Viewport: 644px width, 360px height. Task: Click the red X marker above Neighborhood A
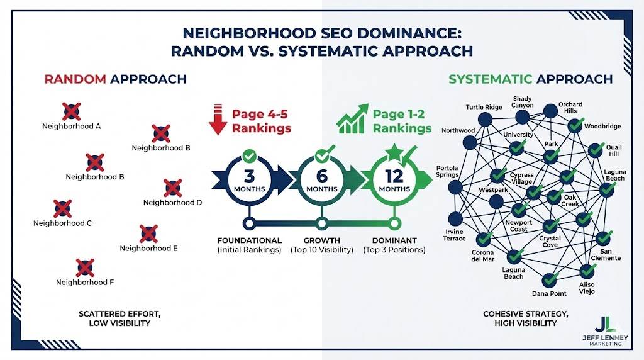pyautogui.click(x=71, y=112)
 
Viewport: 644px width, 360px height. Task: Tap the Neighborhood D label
pyautogui.click(x=172, y=203)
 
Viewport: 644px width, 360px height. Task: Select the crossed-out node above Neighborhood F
pyautogui.click(x=85, y=267)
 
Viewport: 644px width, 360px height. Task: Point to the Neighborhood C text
pyautogui.click(x=62, y=223)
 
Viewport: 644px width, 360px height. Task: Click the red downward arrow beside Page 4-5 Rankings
pyautogui.click(x=218, y=121)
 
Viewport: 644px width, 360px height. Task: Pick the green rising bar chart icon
pyautogui.click(x=352, y=120)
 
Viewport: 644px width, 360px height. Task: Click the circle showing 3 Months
pyautogui.click(x=248, y=179)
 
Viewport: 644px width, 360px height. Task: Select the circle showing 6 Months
pyautogui.click(x=322, y=179)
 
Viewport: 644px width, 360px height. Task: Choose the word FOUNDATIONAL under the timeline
pyautogui.click(x=249, y=240)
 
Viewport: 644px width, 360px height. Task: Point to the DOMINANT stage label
pyautogui.click(x=394, y=240)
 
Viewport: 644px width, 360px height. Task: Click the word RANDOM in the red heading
pyautogui.click(x=75, y=79)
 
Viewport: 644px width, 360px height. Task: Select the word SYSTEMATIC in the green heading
pyautogui.click(x=491, y=79)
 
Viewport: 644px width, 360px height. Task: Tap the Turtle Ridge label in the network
pyautogui.click(x=484, y=107)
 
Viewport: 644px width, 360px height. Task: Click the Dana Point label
pyautogui.click(x=549, y=293)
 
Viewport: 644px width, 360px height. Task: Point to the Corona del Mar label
pyautogui.click(x=482, y=256)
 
